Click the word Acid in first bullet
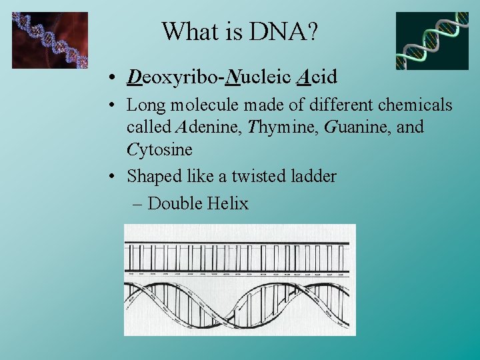(316, 77)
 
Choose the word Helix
(227, 203)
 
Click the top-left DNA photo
(50, 40)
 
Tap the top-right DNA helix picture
(432, 41)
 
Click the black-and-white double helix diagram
(240, 279)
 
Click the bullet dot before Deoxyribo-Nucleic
(115, 79)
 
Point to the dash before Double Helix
(137, 203)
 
